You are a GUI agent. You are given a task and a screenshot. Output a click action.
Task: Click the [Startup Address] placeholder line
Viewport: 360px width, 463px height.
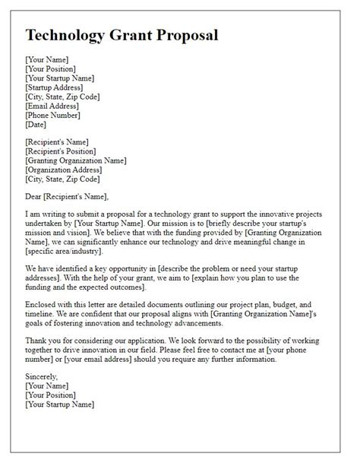tap(57, 88)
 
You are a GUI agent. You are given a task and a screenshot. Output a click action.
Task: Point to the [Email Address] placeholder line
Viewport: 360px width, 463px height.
tap(53, 106)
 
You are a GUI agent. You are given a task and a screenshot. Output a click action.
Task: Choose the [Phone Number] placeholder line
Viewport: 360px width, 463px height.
tap(53, 116)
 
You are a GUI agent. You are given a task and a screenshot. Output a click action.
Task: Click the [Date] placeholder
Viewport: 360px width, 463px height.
tap(36, 125)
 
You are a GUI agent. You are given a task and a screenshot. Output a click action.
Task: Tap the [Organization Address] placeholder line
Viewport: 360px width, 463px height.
tap(63, 170)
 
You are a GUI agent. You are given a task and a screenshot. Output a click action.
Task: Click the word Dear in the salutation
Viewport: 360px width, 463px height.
tap(36, 197)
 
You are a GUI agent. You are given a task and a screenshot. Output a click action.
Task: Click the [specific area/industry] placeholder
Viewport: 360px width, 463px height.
tap(65, 252)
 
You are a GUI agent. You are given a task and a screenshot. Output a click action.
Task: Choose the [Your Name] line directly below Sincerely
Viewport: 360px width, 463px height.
tap(46, 385)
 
